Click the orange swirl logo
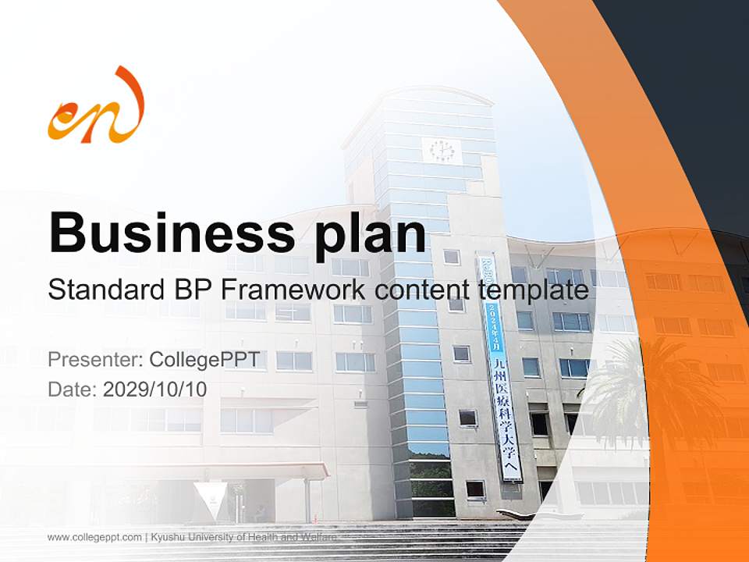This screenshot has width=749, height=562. (97, 108)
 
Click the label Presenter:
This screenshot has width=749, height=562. (95, 360)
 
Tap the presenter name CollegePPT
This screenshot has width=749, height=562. (204, 360)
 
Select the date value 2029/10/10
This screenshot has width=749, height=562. (154, 389)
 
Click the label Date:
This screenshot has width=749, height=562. (73, 389)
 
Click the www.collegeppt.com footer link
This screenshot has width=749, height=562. (94, 537)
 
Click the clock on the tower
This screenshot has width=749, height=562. (442, 150)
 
